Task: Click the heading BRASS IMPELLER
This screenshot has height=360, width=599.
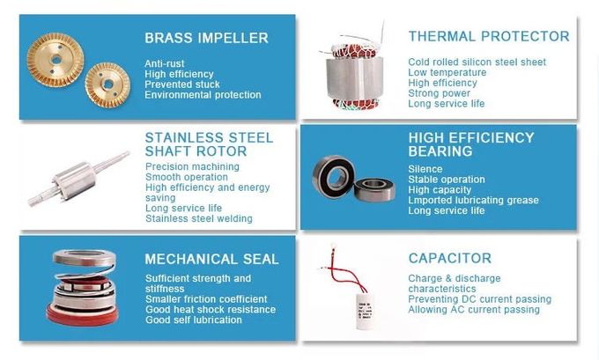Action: click(x=206, y=38)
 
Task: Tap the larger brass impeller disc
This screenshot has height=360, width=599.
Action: click(x=55, y=60)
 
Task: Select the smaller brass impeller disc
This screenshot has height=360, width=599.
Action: click(x=107, y=84)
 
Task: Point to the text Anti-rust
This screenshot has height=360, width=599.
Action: click(x=164, y=63)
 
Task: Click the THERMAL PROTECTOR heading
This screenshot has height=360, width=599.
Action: click(x=489, y=36)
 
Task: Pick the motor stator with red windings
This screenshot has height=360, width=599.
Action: click(x=354, y=75)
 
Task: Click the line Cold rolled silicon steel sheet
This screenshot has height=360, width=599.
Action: click(x=477, y=62)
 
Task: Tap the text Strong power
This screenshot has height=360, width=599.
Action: click(x=439, y=93)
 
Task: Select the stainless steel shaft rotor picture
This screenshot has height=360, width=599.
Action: click(x=78, y=179)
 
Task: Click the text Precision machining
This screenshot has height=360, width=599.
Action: click(x=192, y=167)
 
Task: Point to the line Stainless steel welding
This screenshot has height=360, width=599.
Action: click(x=199, y=219)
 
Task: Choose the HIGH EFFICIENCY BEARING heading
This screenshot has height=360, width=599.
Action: click(x=471, y=144)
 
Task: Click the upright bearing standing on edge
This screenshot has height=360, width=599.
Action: click(x=334, y=176)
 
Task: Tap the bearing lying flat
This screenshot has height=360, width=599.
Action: click(x=374, y=190)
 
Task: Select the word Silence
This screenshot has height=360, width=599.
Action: click(x=425, y=169)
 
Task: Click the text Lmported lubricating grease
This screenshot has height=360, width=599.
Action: click(x=473, y=201)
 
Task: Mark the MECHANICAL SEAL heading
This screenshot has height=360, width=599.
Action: click(x=211, y=259)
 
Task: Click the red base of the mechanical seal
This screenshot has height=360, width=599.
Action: click(x=83, y=315)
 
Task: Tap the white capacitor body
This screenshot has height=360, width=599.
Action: click(x=366, y=310)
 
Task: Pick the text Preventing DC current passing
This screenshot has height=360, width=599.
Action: click(x=480, y=299)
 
